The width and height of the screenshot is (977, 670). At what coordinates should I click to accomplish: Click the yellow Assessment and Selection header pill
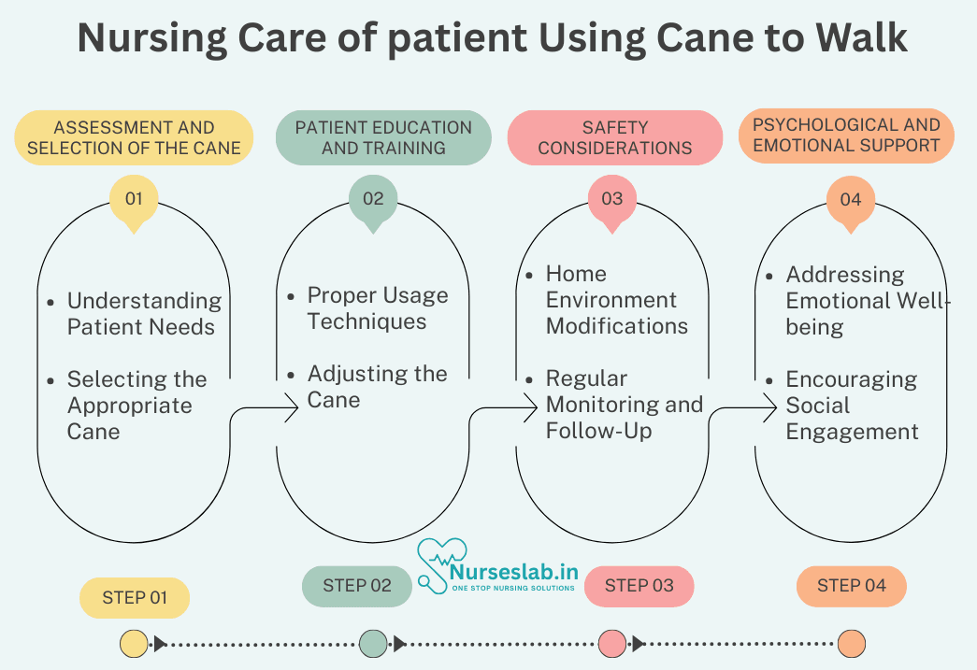click(134, 137)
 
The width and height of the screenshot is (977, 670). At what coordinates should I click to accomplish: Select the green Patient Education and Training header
click(383, 137)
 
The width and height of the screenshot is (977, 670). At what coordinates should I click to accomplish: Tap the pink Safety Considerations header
click(615, 137)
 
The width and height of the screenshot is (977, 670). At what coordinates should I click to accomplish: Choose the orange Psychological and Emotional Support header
click(846, 135)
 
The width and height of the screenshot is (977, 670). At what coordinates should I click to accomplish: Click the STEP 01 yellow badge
click(135, 598)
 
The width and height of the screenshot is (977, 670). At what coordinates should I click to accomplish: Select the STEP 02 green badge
click(357, 586)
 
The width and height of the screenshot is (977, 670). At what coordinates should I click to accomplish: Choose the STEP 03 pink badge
click(639, 586)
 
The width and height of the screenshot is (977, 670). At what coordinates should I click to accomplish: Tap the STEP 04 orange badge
click(851, 586)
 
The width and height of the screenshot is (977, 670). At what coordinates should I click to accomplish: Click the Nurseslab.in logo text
click(513, 571)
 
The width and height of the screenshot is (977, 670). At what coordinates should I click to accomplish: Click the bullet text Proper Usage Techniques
click(378, 308)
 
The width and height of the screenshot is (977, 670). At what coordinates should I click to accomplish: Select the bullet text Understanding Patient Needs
click(144, 314)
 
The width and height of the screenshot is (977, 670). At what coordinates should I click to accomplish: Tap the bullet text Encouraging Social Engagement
click(852, 406)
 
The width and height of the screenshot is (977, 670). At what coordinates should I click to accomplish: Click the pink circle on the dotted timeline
click(611, 644)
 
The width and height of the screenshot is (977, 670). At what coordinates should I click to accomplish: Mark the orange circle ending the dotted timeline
click(851, 644)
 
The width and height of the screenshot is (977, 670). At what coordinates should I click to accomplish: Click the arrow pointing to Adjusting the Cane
click(262, 408)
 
